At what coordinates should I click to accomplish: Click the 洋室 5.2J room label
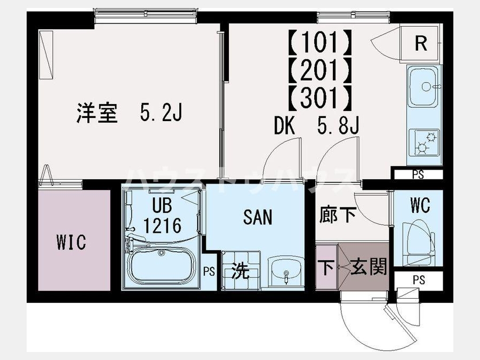coord(129,113)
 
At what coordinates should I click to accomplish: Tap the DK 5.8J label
coord(316,126)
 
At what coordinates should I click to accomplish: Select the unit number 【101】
coord(319,41)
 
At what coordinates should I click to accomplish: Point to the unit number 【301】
coord(319,98)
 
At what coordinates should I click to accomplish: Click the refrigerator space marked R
coord(421,44)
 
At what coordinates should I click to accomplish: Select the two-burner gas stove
coord(425,142)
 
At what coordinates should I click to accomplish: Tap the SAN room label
coord(258,217)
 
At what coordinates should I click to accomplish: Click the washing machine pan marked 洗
coord(241,270)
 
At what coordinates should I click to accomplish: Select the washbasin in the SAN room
coord(286,270)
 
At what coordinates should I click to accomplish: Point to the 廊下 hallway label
coord(338,214)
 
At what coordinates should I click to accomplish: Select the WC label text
coord(420,205)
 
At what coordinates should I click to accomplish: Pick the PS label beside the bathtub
coord(210,271)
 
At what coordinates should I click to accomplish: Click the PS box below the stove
coord(418,174)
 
